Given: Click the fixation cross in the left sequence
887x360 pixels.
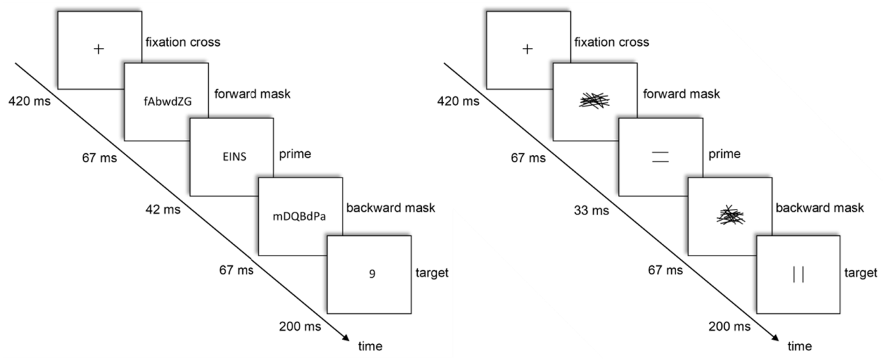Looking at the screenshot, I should click(x=100, y=49).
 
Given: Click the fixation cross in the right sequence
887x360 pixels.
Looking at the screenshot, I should click(x=528, y=49).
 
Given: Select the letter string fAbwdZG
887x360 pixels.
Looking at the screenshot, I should click(x=166, y=102).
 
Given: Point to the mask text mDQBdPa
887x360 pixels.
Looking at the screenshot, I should click(x=299, y=215).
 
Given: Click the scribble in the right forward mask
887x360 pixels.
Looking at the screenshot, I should click(x=594, y=101).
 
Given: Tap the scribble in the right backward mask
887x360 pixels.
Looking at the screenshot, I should click(x=728, y=215).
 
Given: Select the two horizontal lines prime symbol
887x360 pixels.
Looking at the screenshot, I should click(x=660, y=157).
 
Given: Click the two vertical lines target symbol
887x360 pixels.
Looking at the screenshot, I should click(x=798, y=274).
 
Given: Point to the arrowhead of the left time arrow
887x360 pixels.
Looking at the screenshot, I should click(x=345, y=338).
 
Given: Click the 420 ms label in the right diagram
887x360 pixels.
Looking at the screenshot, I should click(x=457, y=102).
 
